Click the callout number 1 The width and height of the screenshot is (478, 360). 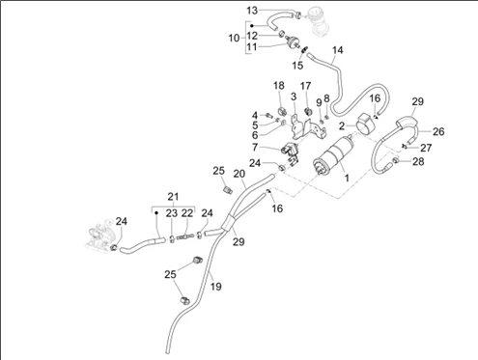coord(347,178)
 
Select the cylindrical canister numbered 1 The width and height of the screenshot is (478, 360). coord(333,155)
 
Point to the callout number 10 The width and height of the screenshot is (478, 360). coord(234,39)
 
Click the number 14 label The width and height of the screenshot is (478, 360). coord(338,50)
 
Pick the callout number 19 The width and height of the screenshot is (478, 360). coord(216,286)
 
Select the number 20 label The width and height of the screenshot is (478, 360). coord(239,174)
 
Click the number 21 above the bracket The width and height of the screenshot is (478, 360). coord(173,196)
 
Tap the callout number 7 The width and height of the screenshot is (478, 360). coord(255,148)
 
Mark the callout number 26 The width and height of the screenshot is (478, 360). coord(438,131)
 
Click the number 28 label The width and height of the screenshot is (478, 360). coord(418,161)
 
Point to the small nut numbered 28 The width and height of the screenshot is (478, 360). coord(396,159)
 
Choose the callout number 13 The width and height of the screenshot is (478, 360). coord(252,11)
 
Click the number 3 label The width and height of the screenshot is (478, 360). coord(294,97)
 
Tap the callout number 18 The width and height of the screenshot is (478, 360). coord(279,86)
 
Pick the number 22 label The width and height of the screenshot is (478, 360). coord(187,213)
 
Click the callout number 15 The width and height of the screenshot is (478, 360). coord(297,66)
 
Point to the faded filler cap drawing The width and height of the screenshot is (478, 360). coord(318,20)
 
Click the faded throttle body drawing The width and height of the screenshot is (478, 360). coord(99,234)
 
